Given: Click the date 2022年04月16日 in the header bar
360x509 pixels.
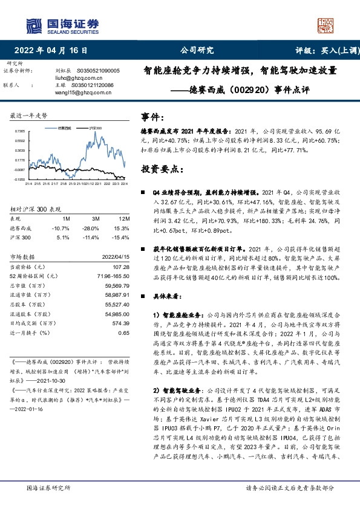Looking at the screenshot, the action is pyautogui.click(x=54, y=51).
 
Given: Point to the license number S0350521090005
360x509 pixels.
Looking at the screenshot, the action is pyautogui.click(x=103, y=71).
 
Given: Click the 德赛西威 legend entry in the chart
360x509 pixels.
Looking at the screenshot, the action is pyautogui.click(x=65, y=128).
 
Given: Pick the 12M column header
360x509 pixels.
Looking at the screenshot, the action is pyautogui.click(x=124, y=218).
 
